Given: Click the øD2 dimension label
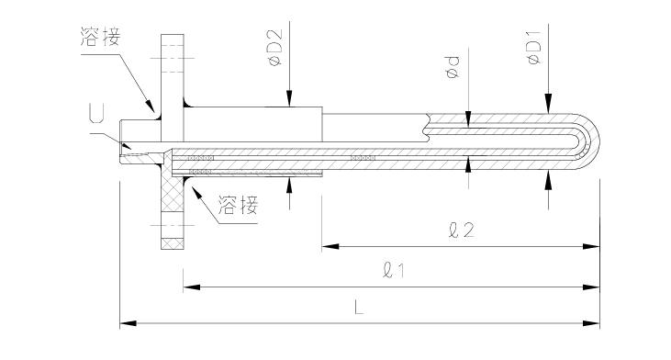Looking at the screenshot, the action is coord(274,47).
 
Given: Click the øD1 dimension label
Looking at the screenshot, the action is coord(534,48).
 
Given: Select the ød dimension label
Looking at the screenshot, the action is coord(453,67).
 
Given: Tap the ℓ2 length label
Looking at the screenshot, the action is coord(462,230).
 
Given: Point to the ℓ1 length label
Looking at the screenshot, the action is coord(393,271).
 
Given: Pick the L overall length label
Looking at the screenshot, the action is coord(359,307).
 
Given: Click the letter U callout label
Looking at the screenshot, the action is coord(96,113).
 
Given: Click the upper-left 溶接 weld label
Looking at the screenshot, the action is coord(101,37).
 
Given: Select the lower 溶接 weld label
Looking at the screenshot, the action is coord(238,205).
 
